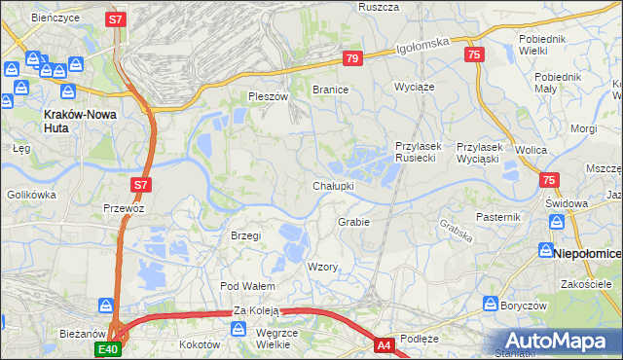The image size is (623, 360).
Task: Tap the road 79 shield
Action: point(352,59)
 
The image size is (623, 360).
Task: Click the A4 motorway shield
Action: point(385,344)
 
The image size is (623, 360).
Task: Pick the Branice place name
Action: point(330,89)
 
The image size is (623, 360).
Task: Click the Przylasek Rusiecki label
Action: point(419,153)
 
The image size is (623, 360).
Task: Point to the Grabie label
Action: point(353,222)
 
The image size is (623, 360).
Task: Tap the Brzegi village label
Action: point(245,235)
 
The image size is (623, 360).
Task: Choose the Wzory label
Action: point(322,267)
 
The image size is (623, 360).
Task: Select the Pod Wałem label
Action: point(248,286)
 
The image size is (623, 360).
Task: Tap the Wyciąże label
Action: point(413,87)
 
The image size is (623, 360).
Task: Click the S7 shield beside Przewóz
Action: point(141,184)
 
